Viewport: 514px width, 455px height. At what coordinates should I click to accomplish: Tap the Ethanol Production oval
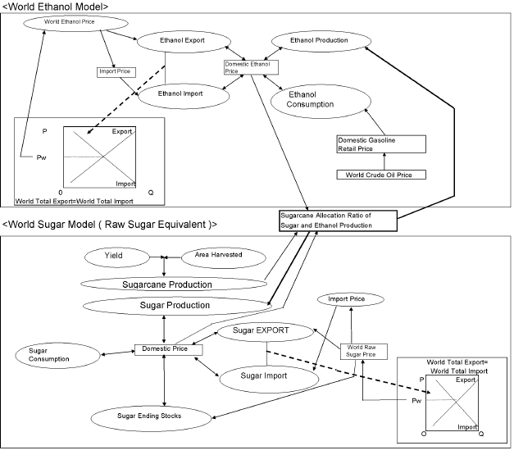pyautogui.click(x=320, y=39)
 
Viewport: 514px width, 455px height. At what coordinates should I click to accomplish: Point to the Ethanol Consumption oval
pyautogui.click(x=322, y=99)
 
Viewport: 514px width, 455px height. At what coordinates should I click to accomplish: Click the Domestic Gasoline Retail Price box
pyautogui.click(x=381, y=144)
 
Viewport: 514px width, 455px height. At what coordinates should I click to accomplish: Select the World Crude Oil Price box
pyautogui.click(x=381, y=174)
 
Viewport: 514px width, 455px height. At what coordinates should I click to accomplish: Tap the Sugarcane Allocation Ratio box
pyautogui.click(x=338, y=221)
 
